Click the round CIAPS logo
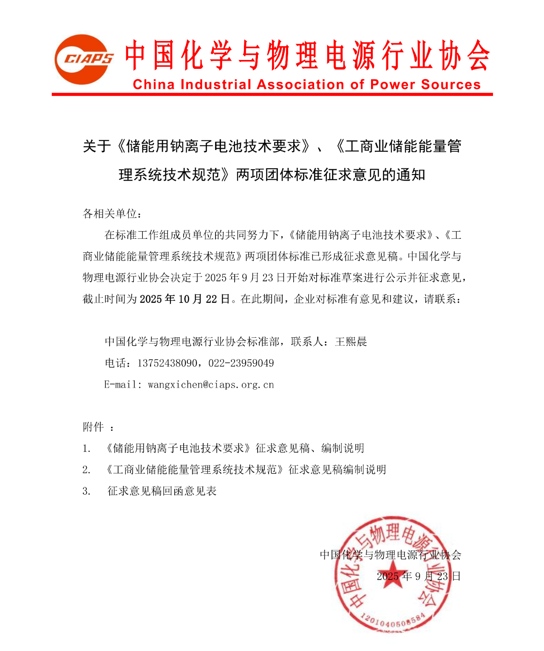[83, 59]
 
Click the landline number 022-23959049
[241, 363]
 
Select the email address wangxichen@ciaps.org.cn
[211, 385]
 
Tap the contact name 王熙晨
[351, 342]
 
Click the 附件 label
[93, 427]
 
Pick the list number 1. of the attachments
[87, 449]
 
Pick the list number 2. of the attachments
[87, 470]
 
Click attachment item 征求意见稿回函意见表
[162, 491]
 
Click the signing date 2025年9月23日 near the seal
[419, 577]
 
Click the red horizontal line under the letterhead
[272, 94]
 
